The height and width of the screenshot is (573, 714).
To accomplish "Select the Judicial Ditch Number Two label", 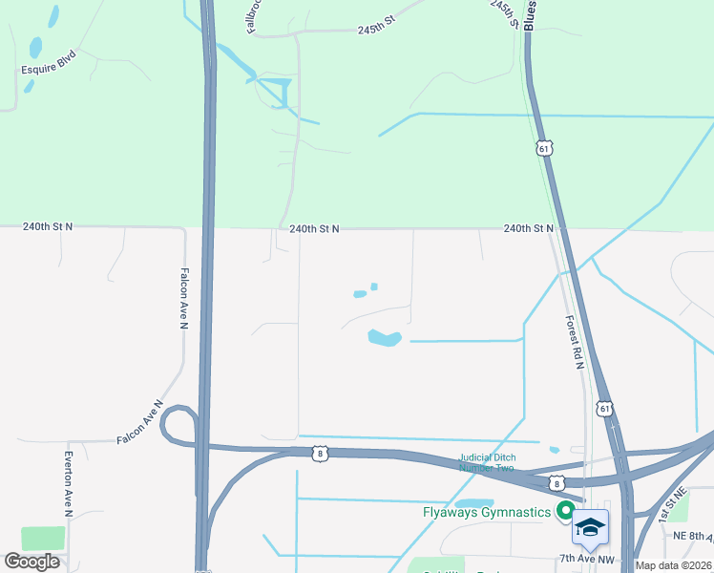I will [x=486, y=462].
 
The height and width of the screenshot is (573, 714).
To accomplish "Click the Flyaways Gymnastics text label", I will [x=487, y=512].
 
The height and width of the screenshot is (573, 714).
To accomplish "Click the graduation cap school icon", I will [x=590, y=527].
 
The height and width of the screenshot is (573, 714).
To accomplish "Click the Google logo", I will [x=32, y=562].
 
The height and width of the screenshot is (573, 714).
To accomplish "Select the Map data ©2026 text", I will [x=674, y=565].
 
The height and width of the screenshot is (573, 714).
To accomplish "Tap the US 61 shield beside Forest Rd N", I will [x=604, y=409].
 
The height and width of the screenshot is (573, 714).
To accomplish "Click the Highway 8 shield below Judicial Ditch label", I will [x=556, y=484].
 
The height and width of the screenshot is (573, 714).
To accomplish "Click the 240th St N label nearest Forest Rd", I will [x=528, y=229].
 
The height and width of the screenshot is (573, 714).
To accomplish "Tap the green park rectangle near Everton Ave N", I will [x=43, y=538].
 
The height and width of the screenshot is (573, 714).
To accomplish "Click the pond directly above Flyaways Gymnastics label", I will [x=473, y=503].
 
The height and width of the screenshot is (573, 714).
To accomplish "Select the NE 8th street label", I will [x=693, y=537].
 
